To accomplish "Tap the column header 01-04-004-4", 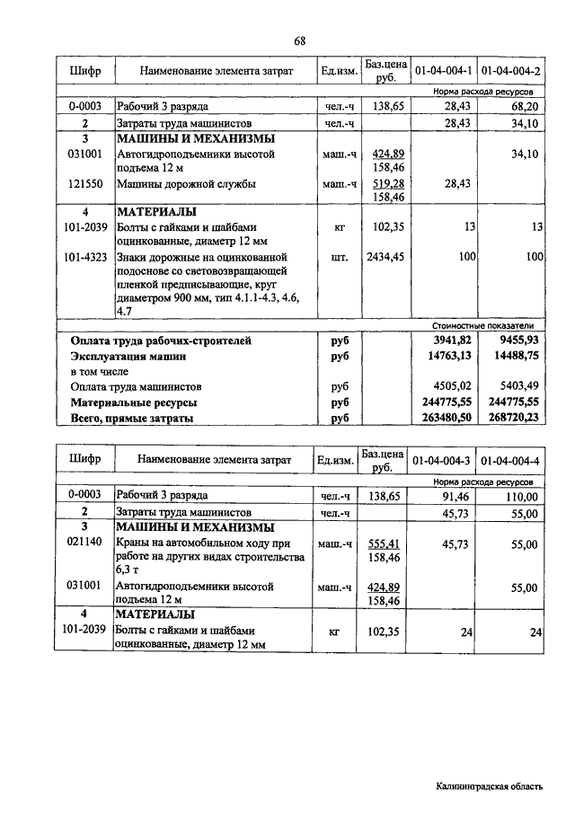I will coord(510,461).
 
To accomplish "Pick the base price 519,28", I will coord(387,184).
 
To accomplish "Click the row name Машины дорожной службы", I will coord(186,184).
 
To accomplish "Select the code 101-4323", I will coord(87,258).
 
